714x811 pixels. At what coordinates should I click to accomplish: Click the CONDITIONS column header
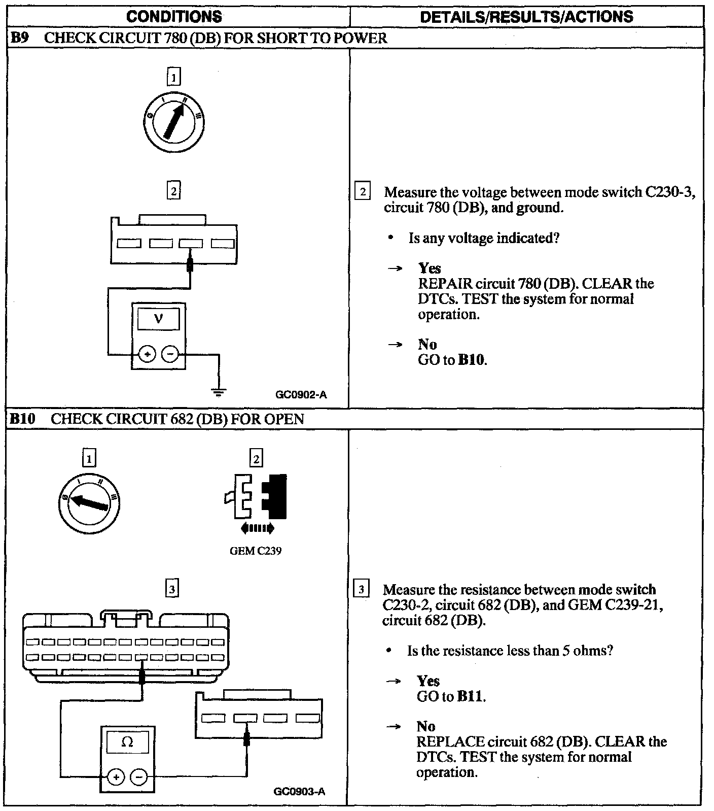(x=174, y=16)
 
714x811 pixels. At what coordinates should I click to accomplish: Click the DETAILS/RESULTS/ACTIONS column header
(x=526, y=16)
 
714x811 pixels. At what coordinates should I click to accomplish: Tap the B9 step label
(x=20, y=38)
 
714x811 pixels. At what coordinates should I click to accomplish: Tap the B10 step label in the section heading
(x=23, y=419)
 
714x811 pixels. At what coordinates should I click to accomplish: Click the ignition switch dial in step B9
(x=174, y=122)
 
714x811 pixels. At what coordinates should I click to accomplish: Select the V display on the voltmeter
(x=159, y=319)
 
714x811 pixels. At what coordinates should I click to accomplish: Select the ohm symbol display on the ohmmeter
(x=127, y=743)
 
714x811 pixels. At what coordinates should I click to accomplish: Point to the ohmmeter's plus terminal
(x=116, y=777)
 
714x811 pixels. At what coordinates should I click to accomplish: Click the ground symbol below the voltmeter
(x=219, y=391)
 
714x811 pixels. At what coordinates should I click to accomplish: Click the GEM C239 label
(x=256, y=551)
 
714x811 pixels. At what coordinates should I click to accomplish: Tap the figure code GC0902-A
(x=301, y=394)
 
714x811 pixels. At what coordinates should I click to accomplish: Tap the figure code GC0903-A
(x=299, y=791)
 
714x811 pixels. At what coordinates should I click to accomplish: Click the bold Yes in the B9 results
(x=430, y=268)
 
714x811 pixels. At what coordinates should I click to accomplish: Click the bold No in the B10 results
(x=426, y=726)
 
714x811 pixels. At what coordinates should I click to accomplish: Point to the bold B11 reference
(x=470, y=696)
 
